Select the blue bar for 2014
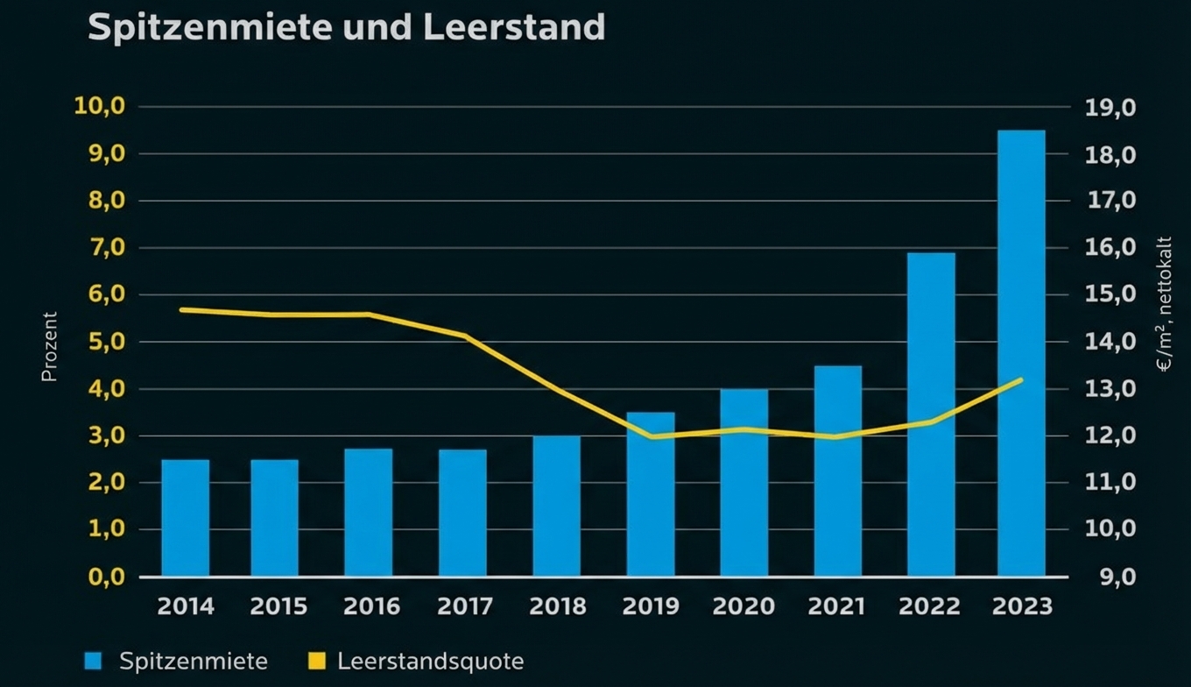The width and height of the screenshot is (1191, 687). tap(186, 517)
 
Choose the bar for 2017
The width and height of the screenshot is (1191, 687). tap(462, 513)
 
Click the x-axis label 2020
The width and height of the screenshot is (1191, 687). tap(743, 606)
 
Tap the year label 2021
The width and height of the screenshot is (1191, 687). tap(837, 606)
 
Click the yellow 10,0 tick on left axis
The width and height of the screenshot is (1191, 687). tap(101, 107)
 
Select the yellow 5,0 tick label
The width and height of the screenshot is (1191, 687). tap(105, 342)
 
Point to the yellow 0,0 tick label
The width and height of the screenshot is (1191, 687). tap(105, 577)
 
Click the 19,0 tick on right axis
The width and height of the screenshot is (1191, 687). tap(1110, 108)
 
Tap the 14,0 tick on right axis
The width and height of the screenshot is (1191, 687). tap(1110, 342)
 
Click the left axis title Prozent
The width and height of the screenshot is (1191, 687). tap(49, 346)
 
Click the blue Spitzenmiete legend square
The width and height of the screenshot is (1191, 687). tap(94, 661)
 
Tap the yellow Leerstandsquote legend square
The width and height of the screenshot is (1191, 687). tap(317, 661)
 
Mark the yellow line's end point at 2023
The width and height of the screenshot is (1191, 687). tap(1021, 379)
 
